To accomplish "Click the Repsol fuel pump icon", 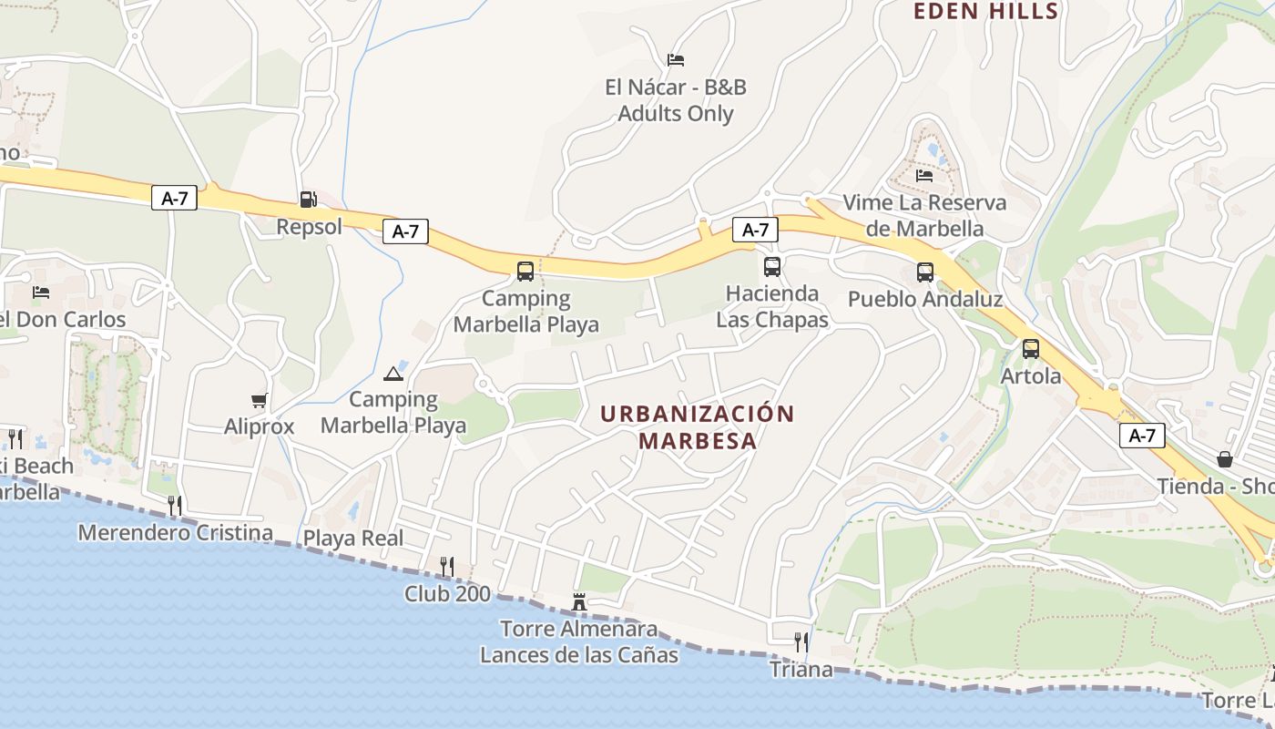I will [x=308, y=199].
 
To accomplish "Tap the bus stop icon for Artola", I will [x=1031, y=348].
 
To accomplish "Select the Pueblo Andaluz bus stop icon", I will [x=925, y=272].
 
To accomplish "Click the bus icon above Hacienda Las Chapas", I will [x=772, y=266].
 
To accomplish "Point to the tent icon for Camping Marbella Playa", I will [x=393, y=374].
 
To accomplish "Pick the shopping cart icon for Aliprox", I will [x=259, y=400].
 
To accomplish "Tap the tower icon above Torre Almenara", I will [x=579, y=601].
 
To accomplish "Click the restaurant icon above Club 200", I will [x=446, y=567].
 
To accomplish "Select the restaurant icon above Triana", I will [x=801, y=642].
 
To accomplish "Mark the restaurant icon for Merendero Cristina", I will [x=175, y=505].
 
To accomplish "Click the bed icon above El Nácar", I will [x=676, y=60].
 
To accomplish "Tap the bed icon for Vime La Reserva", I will [x=924, y=175].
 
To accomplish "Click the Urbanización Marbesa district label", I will [x=698, y=426].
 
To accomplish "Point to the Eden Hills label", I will [x=985, y=11].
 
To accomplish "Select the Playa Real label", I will [x=353, y=538].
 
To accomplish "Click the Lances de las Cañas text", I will [x=579, y=654].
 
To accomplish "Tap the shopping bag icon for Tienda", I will [x=1225, y=458].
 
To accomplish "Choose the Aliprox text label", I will [x=260, y=426].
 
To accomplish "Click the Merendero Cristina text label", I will [x=176, y=532].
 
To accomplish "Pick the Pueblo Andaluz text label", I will [x=925, y=299].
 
